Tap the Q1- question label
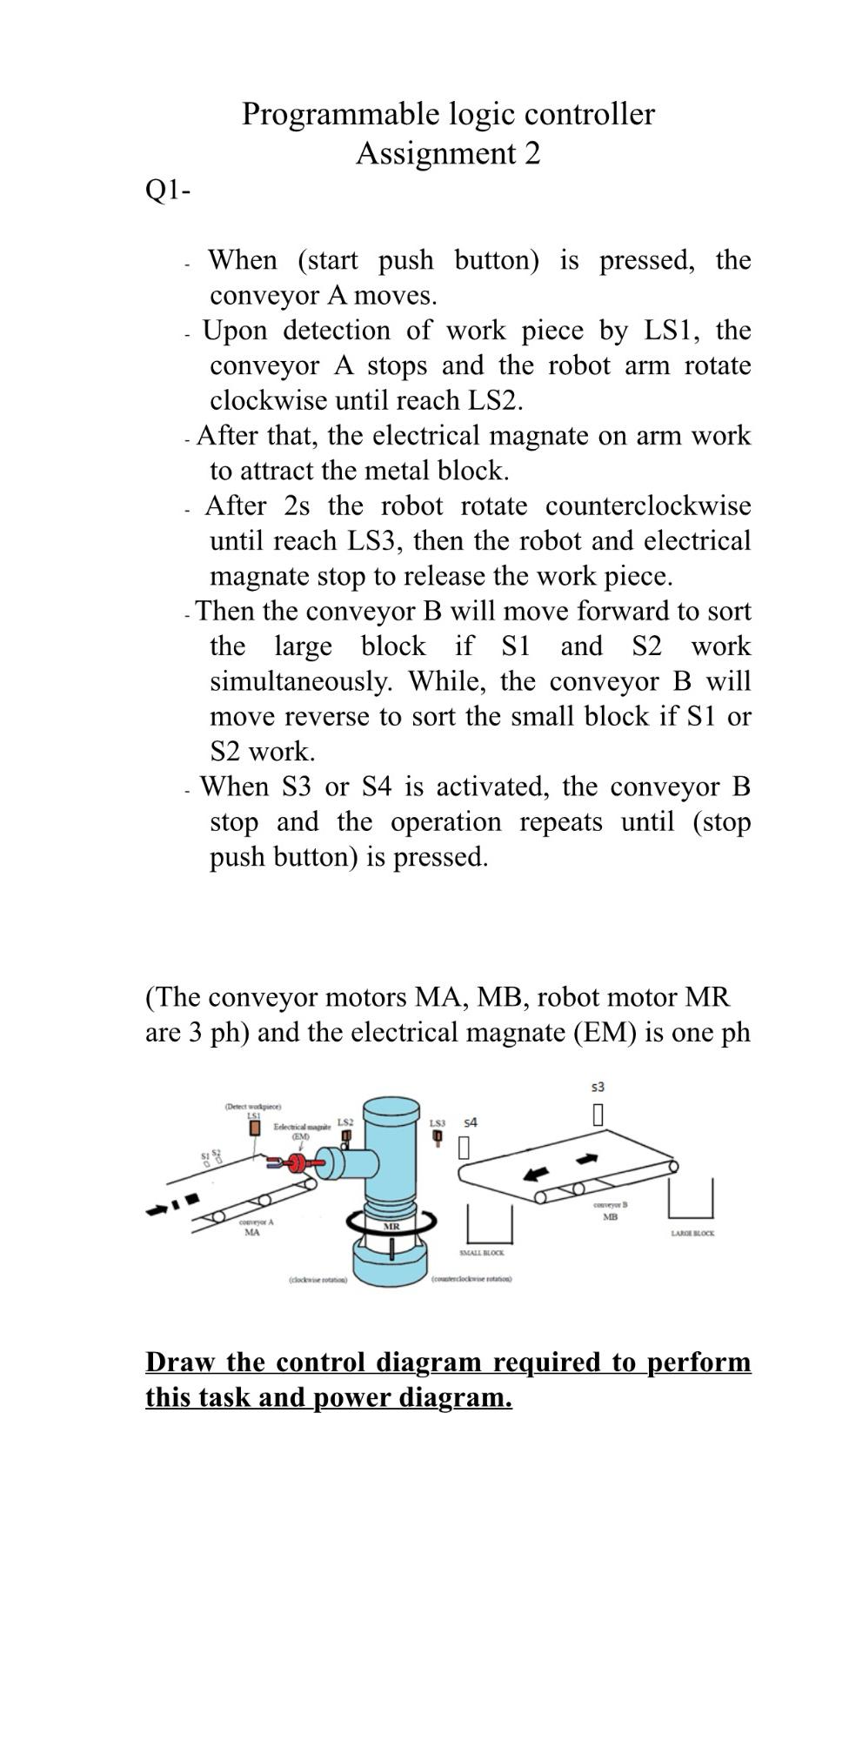coord(167,191)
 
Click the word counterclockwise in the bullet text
coord(648,506)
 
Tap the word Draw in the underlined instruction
coord(182,1362)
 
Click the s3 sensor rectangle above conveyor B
coord(598,1115)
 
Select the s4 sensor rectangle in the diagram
coord(465,1148)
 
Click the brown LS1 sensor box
coord(255,1128)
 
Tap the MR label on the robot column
coord(391,1226)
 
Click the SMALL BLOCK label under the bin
coord(481,1252)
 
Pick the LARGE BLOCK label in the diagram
coord(692,1234)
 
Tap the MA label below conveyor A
coord(251,1232)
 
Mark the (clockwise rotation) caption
coord(317,1279)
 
